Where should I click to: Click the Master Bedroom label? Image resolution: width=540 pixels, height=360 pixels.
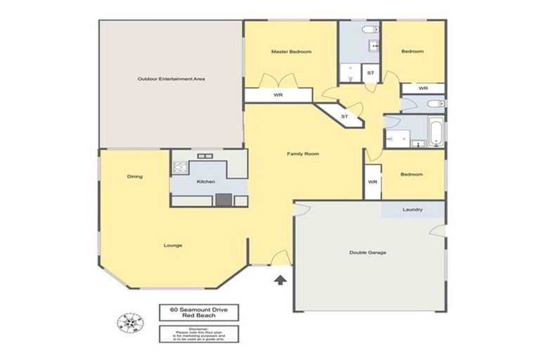291,52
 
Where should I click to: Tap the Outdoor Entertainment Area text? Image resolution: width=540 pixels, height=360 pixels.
171,79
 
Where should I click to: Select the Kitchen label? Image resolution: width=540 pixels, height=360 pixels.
205,181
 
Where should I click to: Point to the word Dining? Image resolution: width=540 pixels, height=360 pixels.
135,176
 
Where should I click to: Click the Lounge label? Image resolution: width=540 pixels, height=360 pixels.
173,245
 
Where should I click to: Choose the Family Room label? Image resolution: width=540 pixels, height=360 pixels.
303,153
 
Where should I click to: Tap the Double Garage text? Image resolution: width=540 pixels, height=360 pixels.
367,252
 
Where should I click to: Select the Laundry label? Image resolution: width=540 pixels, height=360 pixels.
412,210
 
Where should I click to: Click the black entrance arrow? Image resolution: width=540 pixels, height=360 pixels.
280,280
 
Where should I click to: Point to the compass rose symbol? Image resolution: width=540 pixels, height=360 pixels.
130,322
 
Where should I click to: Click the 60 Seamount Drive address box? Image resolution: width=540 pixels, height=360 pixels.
199,312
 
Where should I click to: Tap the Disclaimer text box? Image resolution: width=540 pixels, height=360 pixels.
199,333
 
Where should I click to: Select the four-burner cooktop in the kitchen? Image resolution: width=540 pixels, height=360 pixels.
181,167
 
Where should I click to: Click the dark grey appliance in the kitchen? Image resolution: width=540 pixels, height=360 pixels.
224,200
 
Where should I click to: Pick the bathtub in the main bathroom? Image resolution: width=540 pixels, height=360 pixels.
436,132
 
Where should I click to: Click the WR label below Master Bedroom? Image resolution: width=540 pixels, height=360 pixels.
278,95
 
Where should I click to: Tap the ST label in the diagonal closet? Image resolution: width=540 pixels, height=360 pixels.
345,116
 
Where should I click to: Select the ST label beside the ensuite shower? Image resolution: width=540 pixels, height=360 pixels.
371,73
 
